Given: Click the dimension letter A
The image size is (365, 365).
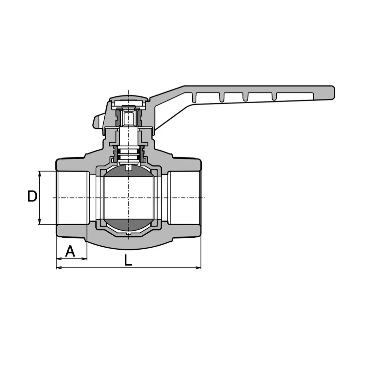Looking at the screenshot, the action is click(x=70, y=251).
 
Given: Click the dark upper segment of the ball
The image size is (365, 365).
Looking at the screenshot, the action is click(x=128, y=171).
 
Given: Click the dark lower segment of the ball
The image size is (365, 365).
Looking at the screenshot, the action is click(x=128, y=224).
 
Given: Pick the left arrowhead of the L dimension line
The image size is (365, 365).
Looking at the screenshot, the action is click(x=59, y=268).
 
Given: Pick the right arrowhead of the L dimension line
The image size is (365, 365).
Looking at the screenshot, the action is click(x=198, y=268).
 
